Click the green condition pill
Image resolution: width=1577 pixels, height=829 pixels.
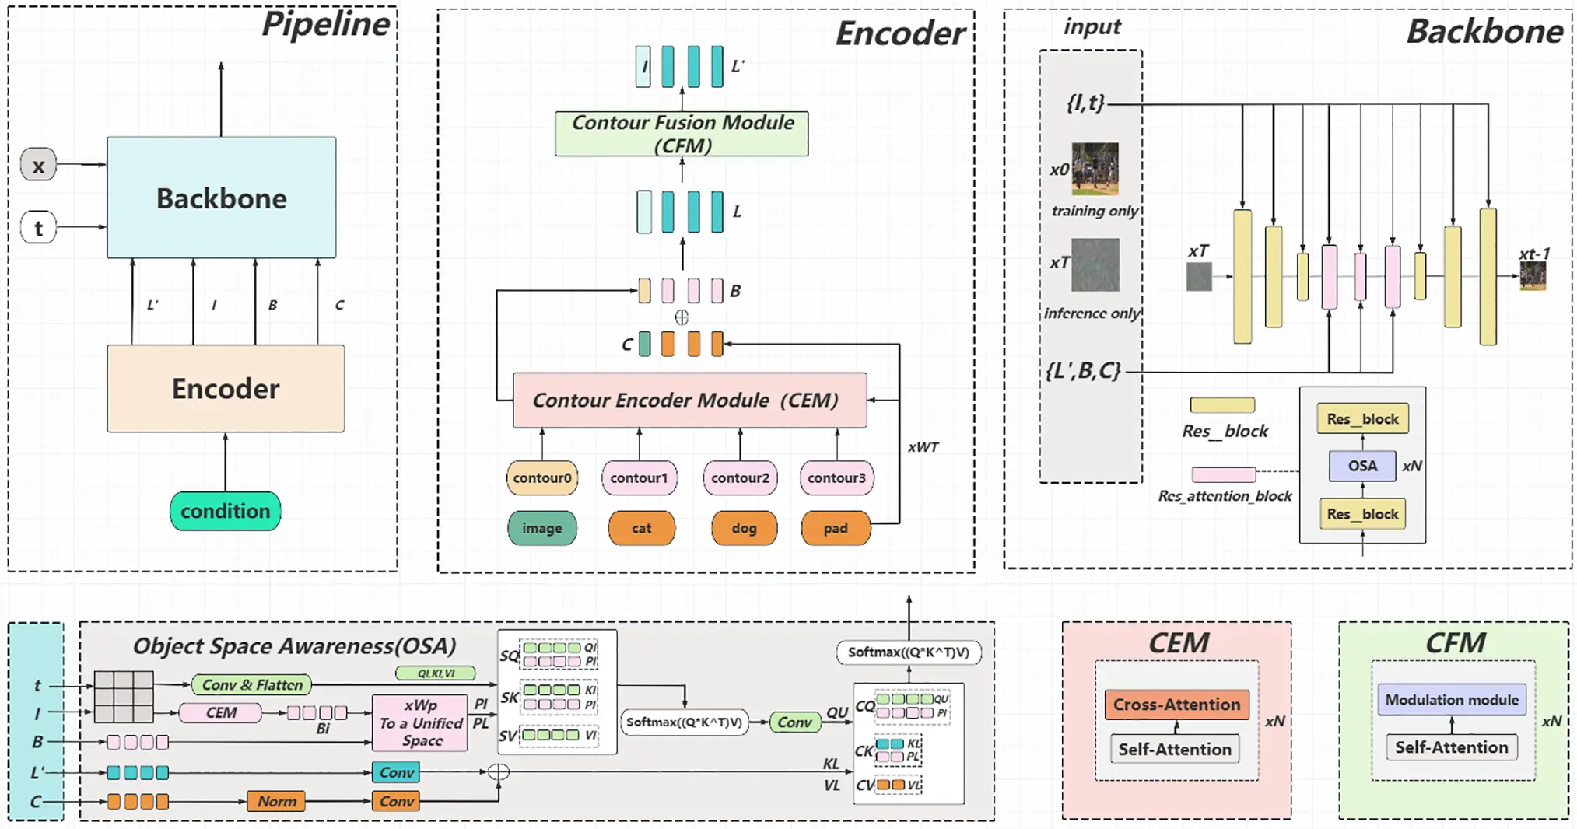click(225, 511)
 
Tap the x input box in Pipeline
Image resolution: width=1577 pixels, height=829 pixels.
click(38, 165)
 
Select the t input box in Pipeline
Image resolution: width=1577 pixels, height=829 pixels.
click(38, 228)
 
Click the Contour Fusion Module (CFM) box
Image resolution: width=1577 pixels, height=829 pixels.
click(682, 134)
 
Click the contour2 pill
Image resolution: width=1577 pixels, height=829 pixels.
click(739, 477)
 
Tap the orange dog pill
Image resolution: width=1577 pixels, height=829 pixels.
click(744, 528)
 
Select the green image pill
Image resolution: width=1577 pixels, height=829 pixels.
click(541, 528)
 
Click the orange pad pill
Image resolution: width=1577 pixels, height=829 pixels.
click(836, 528)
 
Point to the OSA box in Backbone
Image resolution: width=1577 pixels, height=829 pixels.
click(1361, 466)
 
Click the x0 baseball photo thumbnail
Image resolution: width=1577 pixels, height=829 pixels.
click(1095, 168)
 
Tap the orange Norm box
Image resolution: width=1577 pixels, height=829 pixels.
click(276, 801)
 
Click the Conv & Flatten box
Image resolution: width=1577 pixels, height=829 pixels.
click(251, 684)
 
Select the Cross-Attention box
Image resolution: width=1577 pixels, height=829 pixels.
click(1176, 705)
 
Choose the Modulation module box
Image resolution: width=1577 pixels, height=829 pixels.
click(1451, 700)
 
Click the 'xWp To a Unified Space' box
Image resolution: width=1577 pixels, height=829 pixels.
click(420, 722)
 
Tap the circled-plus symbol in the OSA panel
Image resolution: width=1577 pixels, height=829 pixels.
click(499, 771)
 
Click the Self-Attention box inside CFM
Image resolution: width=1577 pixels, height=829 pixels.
click(1451, 747)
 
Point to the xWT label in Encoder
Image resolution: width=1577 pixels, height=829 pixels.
click(923, 447)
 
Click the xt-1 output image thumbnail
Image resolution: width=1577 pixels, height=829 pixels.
click(1533, 276)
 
